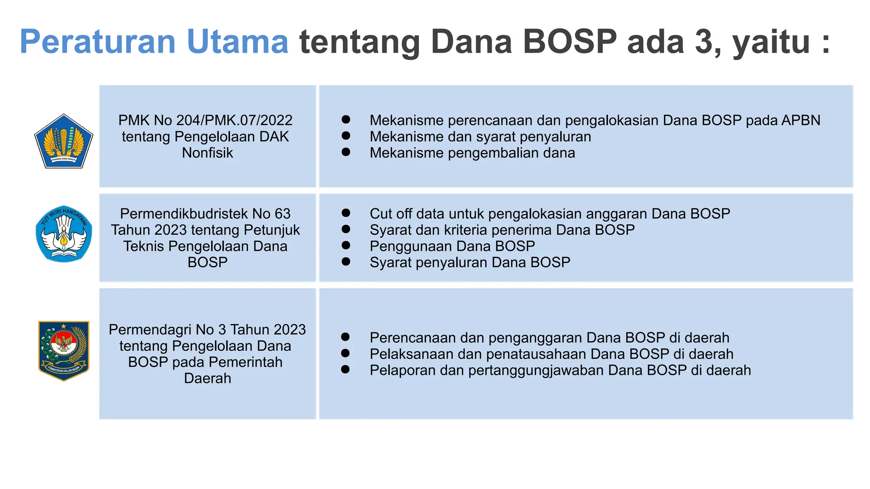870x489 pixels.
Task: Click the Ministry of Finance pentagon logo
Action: pos(64,141)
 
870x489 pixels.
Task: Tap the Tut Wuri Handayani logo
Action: pos(64,234)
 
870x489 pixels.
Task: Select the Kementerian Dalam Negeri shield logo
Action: pos(64,351)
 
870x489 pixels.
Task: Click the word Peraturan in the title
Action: pos(97,42)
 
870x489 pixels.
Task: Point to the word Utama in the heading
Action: pos(237,42)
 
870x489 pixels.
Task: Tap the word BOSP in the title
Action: pos(569,42)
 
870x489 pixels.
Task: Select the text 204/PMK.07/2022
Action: pos(234,121)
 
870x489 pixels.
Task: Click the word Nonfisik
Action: pos(207,153)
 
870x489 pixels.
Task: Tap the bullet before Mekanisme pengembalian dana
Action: pos(346,152)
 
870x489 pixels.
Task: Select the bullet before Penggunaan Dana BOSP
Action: pos(346,245)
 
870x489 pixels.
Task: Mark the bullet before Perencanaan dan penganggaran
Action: pos(345,337)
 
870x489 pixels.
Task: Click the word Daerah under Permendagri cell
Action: pos(207,378)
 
